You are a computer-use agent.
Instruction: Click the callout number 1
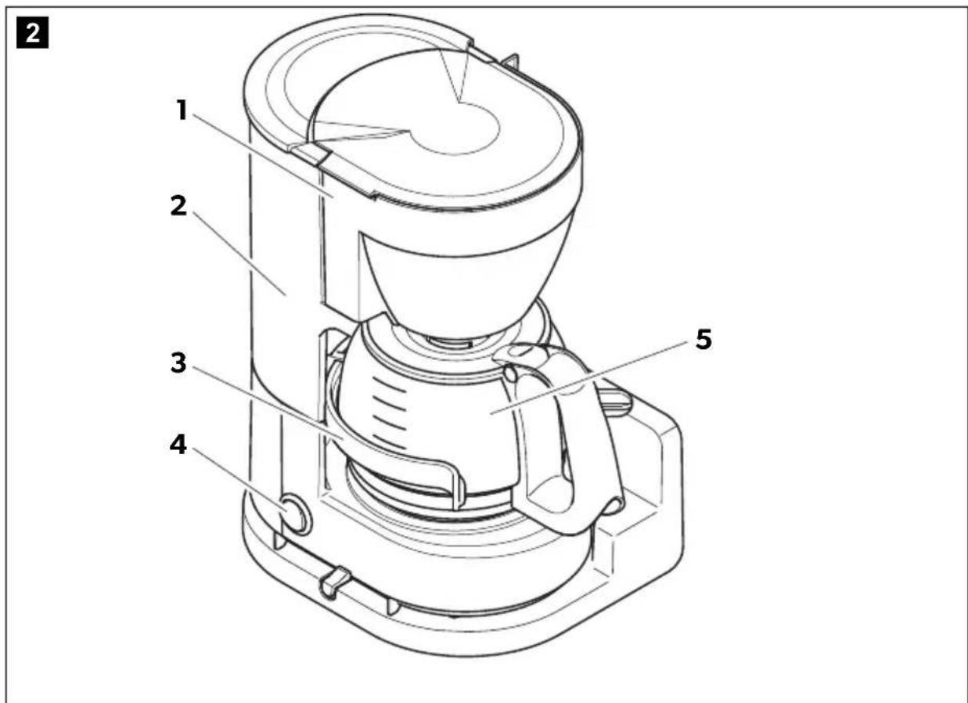182,110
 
